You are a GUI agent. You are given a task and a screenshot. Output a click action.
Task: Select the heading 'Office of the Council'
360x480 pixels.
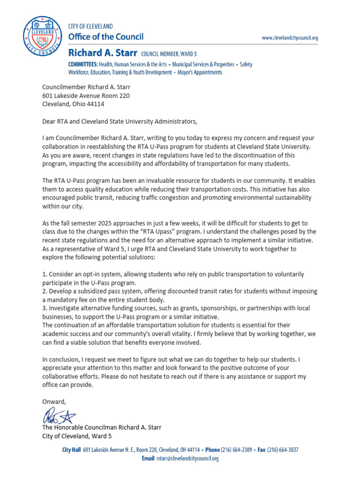(x=106, y=37)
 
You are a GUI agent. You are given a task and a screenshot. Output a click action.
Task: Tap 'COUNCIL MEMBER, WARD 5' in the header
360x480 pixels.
(x=177, y=54)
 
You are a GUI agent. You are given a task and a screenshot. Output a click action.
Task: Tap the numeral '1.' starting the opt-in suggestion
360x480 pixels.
(x=45, y=274)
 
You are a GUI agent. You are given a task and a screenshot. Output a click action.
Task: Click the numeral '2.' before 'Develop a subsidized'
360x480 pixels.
(x=45, y=291)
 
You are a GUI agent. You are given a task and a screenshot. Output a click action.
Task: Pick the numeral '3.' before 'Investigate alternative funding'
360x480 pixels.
(x=45, y=308)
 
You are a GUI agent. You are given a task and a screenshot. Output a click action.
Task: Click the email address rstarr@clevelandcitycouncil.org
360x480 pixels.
(x=187, y=458)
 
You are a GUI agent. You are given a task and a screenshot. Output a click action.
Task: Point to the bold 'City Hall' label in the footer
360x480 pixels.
(x=72, y=450)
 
